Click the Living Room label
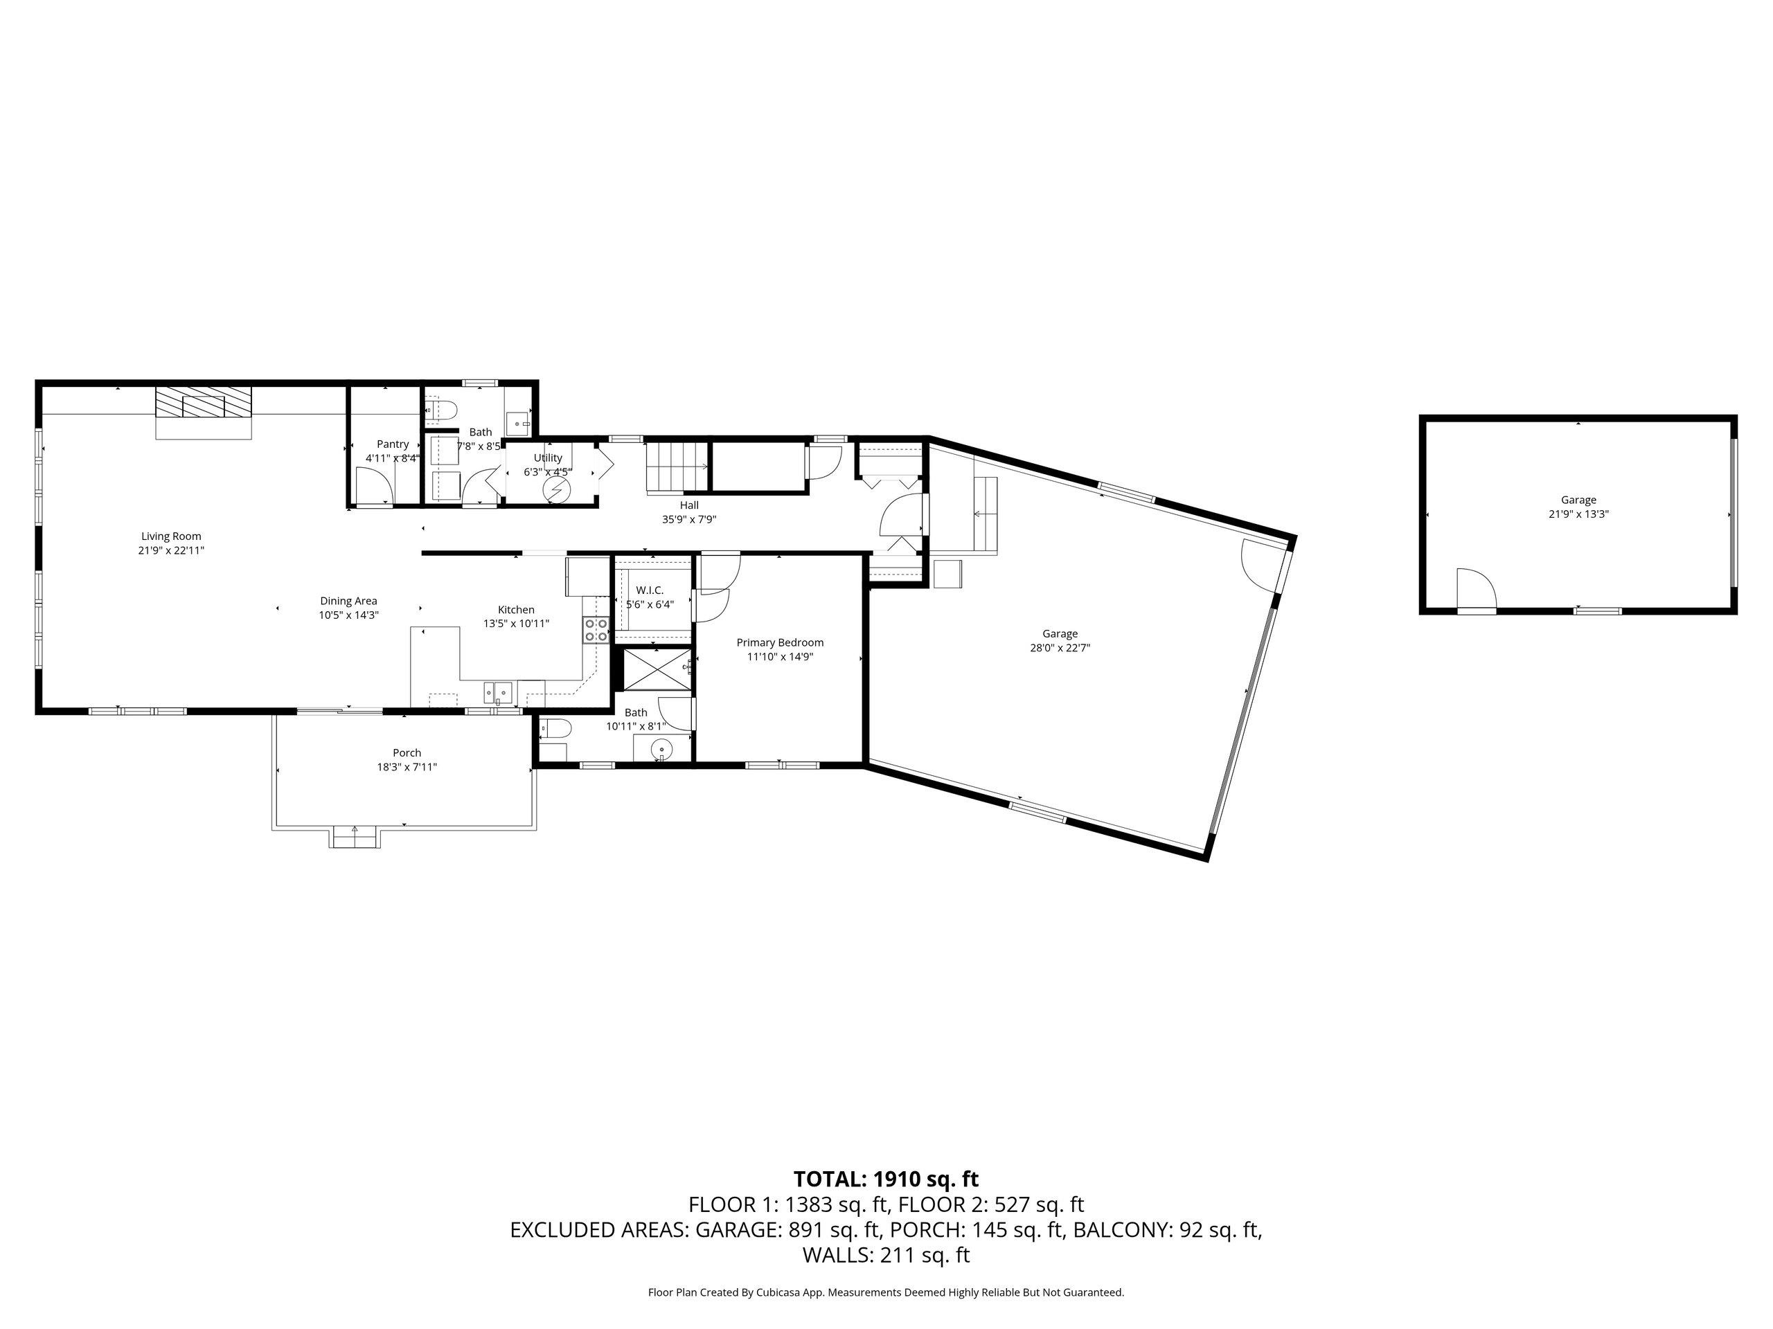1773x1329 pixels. (171, 536)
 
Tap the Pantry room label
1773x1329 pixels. (393, 444)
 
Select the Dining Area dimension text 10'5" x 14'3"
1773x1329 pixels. (348, 615)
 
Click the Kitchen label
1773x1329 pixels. (516, 610)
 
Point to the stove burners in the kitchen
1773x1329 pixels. (596, 630)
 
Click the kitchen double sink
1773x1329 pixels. (498, 691)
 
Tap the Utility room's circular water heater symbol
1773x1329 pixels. (556, 489)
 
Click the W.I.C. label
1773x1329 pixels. (650, 590)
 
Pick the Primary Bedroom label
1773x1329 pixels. (780, 642)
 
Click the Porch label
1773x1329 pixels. (407, 753)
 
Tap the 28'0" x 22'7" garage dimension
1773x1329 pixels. (1060, 648)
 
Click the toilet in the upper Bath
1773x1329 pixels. (442, 411)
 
